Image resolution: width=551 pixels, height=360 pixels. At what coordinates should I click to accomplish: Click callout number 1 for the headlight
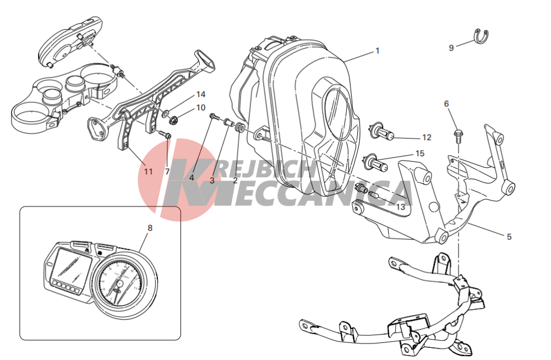point(378,51)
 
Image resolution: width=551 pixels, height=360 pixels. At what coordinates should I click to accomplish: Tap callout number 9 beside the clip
point(451,48)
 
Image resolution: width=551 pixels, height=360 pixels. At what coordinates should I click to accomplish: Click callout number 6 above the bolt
point(446,104)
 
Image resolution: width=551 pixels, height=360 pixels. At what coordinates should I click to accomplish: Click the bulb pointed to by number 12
point(382,133)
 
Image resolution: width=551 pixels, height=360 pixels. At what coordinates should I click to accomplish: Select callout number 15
point(420,153)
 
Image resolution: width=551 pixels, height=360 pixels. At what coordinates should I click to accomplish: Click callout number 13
point(400,207)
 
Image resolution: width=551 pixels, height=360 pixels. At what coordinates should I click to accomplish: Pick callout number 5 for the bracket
point(509,237)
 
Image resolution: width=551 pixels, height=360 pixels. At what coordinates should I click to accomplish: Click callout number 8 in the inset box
point(150,228)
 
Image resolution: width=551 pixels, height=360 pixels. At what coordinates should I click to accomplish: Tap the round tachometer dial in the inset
point(119,283)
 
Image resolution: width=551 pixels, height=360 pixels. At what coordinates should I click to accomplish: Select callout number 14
point(200,94)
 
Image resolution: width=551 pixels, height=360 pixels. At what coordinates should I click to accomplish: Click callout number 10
point(200,107)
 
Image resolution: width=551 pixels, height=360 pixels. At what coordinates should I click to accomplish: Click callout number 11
point(148,171)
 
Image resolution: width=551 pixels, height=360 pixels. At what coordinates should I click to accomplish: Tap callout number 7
point(167,172)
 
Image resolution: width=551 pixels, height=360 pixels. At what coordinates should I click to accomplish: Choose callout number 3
point(212,181)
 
